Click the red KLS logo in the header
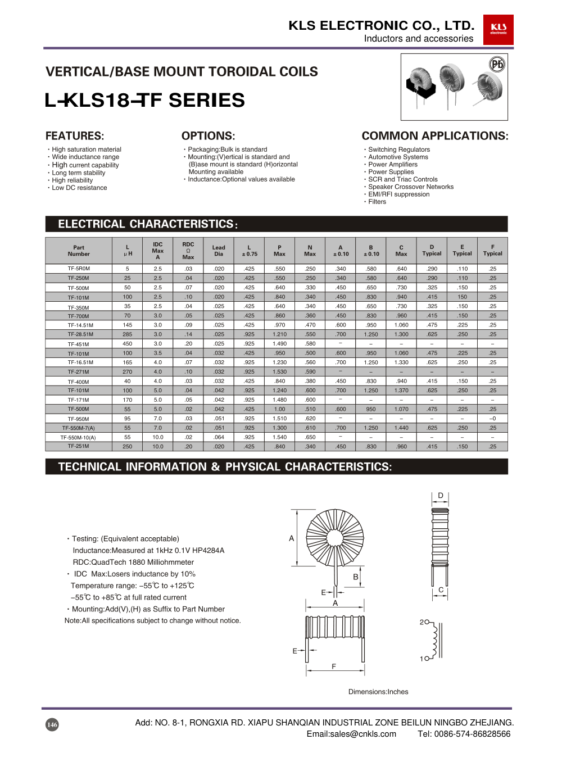[498, 29]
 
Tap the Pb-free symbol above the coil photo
[497, 64]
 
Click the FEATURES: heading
[75, 136]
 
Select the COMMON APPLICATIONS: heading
[434, 136]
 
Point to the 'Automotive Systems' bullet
[398, 157]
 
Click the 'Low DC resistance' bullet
[79, 188]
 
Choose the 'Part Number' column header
[79, 251]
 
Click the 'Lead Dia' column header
[219, 251]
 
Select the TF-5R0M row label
[79, 269]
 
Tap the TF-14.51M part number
[80, 325]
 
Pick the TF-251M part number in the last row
[79, 446]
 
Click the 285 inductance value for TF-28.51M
[128, 334]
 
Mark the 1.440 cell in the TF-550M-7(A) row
[401, 428]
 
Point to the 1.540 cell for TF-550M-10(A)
[279, 437]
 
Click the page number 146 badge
[52, 724]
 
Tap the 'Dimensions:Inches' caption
[378, 692]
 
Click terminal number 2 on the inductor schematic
[422, 622]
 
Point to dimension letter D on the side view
[441, 496]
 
